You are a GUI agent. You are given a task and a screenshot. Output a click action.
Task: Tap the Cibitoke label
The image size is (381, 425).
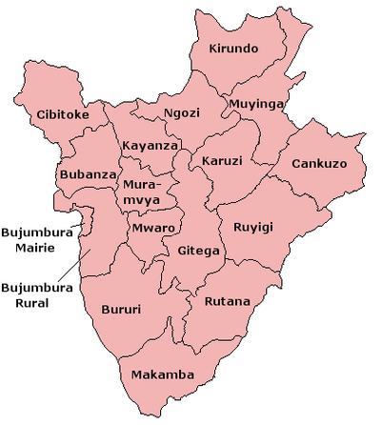pyautogui.click(x=63, y=115)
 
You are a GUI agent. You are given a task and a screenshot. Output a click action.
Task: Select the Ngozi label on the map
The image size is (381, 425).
pyautogui.click(x=181, y=112)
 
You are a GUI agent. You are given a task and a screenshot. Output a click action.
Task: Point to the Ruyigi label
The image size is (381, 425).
pyautogui.click(x=252, y=228)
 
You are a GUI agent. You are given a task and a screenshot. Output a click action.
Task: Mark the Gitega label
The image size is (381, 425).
pyautogui.click(x=199, y=252)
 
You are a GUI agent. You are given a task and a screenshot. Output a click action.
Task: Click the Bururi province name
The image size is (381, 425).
pyautogui.click(x=121, y=309)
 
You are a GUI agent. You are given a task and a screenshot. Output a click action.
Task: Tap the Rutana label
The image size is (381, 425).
pyautogui.click(x=228, y=302)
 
